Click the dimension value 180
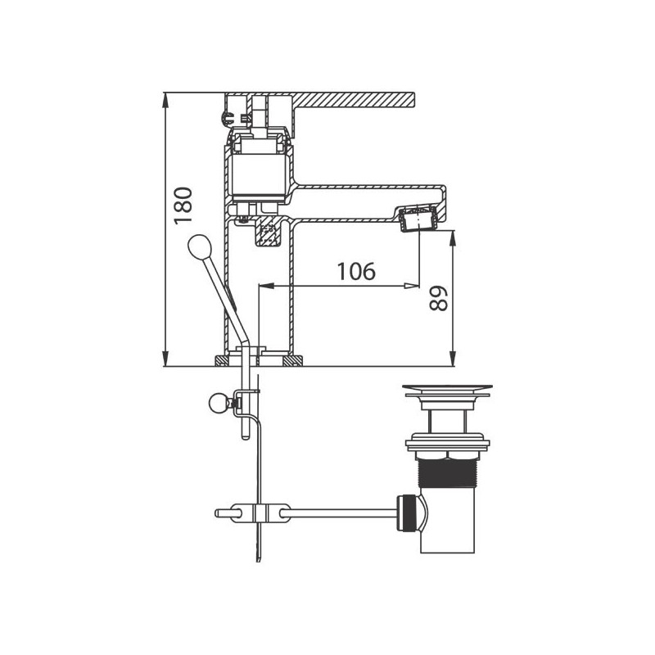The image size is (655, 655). click(x=183, y=206)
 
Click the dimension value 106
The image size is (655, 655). click(x=356, y=272)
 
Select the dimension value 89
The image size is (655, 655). click(x=438, y=298)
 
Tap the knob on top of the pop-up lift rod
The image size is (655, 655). click(x=199, y=247)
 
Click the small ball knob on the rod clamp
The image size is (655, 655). click(x=219, y=404)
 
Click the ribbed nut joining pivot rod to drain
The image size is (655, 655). click(x=406, y=513)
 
